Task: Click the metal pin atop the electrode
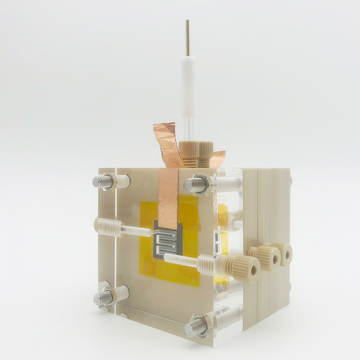coord(187,38)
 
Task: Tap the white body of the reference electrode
coord(189,85)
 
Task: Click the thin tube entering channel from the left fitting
coord(139,231)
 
